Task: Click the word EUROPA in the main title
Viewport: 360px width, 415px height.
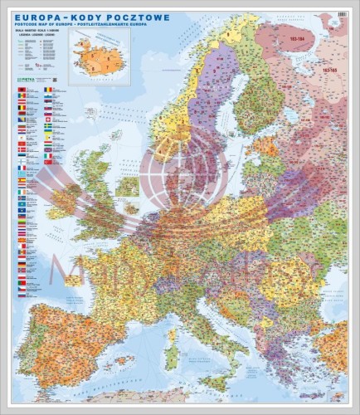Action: pyautogui.click(x=41, y=16)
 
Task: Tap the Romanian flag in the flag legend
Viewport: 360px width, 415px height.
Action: pyautogui.click(x=48, y=90)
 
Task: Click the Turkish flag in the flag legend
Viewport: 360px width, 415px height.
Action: pyautogui.click(x=48, y=145)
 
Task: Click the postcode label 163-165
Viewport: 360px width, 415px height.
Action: pyautogui.click(x=329, y=71)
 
